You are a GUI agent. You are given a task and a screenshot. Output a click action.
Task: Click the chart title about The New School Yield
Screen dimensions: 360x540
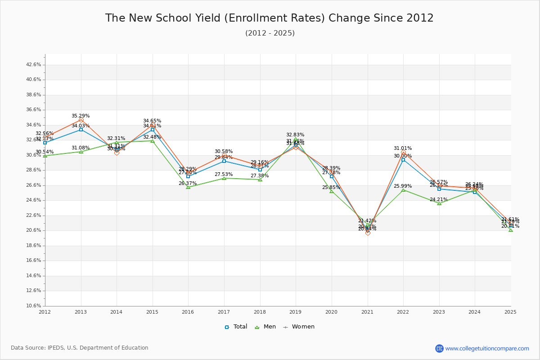click(269, 18)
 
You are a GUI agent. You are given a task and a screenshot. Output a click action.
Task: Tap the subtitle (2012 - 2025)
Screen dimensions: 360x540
click(270, 33)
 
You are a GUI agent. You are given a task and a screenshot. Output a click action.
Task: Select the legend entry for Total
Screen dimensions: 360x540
click(236, 327)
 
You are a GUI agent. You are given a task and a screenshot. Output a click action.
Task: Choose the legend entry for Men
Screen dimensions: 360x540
click(266, 327)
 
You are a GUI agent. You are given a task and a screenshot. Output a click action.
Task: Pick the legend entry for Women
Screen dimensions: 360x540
click(299, 327)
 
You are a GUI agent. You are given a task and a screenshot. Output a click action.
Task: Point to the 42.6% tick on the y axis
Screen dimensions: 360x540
click(34, 65)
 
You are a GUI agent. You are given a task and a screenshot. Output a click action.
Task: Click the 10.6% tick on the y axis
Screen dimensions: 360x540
click(34, 306)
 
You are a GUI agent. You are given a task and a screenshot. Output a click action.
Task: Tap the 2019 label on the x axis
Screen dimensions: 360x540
click(296, 312)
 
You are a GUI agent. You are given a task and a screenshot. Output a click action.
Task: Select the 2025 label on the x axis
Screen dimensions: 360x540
click(510, 312)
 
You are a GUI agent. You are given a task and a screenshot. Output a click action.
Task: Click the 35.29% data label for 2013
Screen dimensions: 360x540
click(81, 116)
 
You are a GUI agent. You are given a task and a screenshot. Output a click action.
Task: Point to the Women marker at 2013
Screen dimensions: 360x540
click(81, 120)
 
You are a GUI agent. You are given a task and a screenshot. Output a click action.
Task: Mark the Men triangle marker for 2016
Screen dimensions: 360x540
click(188, 187)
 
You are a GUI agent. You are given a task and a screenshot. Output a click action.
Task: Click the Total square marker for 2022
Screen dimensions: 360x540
click(403, 160)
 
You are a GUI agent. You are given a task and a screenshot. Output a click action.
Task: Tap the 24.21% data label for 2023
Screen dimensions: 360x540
click(439, 200)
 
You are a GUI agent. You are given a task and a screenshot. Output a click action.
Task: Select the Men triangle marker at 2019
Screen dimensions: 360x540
click(296, 139)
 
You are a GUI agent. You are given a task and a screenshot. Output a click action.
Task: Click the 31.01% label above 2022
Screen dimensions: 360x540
click(403, 148)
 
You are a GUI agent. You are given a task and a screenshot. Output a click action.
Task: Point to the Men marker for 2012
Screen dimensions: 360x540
click(45, 156)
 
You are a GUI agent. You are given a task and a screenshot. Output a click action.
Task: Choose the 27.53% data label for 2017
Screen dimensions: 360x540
click(224, 175)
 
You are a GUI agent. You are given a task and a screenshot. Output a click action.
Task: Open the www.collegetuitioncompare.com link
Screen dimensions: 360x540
click(487, 348)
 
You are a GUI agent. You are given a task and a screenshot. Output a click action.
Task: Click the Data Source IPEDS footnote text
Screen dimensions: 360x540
click(80, 348)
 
